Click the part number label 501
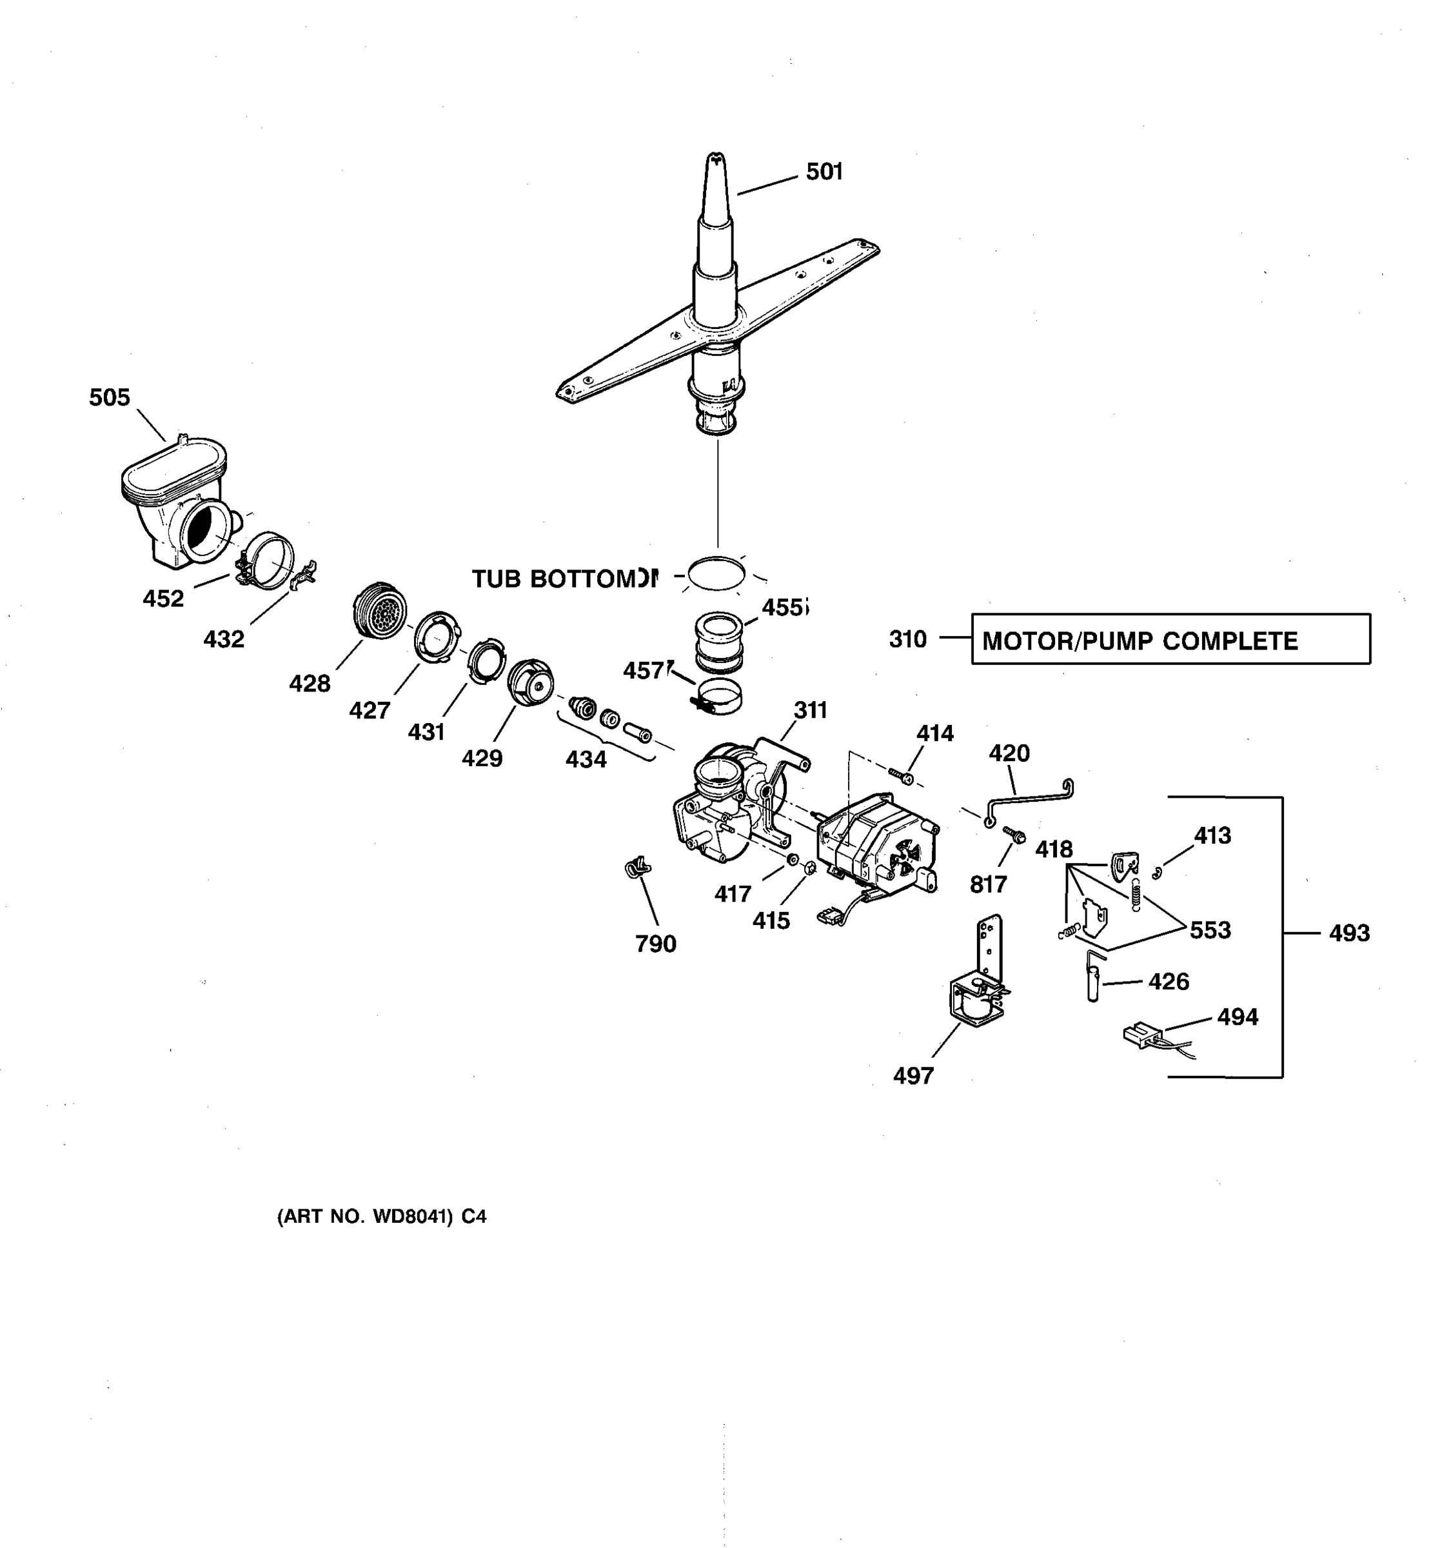824,172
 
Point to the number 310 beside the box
907,639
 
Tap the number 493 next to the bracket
1349,933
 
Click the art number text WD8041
412,1217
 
